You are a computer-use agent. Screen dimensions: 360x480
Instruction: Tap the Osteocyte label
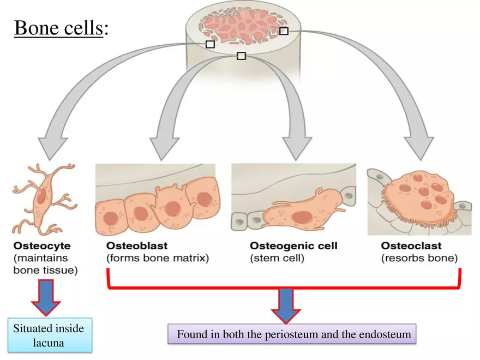(42, 246)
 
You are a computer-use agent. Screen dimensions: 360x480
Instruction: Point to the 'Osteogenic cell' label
(293, 246)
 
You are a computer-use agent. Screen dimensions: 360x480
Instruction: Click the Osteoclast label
(411, 246)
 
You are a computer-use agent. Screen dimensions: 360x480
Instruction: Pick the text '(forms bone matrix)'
(158, 258)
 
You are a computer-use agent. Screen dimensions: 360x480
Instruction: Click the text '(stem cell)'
(278, 258)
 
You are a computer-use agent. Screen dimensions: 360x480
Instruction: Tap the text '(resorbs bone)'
(419, 258)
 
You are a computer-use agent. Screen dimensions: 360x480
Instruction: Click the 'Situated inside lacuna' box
(49, 335)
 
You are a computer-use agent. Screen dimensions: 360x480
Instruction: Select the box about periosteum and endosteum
(293, 334)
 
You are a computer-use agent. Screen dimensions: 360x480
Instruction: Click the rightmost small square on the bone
(284, 31)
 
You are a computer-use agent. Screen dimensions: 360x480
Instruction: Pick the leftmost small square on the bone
(210, 44)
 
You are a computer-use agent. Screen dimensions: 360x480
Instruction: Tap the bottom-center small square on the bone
(242, 56)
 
